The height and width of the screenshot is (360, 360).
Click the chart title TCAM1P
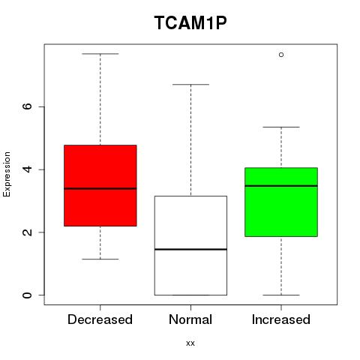pyautogui.click(x=190, y=23)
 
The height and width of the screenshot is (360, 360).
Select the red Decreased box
pyautogui.click(x=100, y=185)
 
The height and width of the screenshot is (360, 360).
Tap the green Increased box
pyautogui.click(x=281, y=202)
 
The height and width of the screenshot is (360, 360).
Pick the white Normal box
pyautogui.click(x=190, y=245)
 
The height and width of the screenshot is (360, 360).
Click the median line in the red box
pyautogui.click(x=100, y=188)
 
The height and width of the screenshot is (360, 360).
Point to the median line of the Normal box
pyautogui.click(x=190, y=249)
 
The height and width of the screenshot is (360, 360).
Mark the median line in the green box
pyautogui.click(x=281, y=186)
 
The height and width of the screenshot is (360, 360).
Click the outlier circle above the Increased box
pyautogui.click(x=281, y=55)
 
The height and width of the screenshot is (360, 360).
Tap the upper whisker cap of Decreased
pyautogui.click(x=100, y=54)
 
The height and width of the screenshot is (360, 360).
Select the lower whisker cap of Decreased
pyautogui.click(x=100, y=259)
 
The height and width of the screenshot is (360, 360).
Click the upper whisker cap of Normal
pyautogui.click(x=190, y=85)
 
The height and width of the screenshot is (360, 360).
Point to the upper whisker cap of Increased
pyautogui.click(x=281, y=127)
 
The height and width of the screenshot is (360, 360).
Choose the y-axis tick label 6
pyautogui.click(x=27, y=106)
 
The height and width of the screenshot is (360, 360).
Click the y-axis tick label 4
pyautogui.click(x=27, y=169)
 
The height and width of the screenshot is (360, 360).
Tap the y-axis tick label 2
pyautogui.click(x=27, y=232)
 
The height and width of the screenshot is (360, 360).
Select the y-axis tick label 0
pyautogui.click(x=27, y=295)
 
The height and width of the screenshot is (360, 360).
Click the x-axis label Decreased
pyautogui.click(x=100, y=319)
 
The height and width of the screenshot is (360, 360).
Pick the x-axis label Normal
pyautogui.click(x=190, y=319)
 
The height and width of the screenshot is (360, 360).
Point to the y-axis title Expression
pyautogui.click(x=7, y=174)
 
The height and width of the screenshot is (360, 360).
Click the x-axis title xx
pyautogui.click(x=190, y=343)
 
